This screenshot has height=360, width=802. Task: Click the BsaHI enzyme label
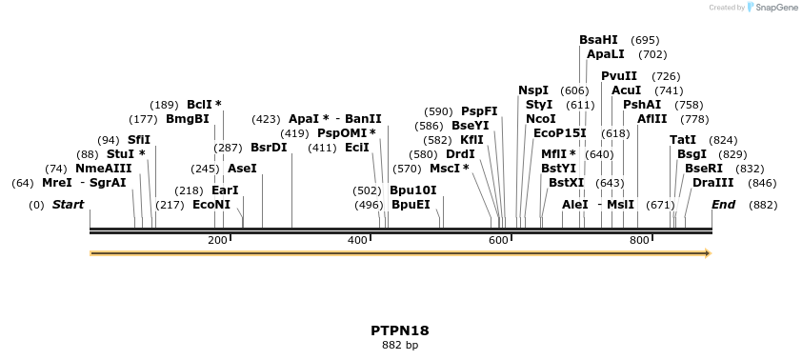coord(598,40)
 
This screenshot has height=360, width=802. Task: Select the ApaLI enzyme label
coord(606,55)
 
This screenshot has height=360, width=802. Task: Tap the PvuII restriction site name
coord(619,76)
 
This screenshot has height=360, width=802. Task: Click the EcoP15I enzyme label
coord(559,133)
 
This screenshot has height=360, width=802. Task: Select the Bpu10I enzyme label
coord(412,190)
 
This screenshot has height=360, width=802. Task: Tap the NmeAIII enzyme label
coord(104,169)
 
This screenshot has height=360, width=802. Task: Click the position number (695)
coord(645,40)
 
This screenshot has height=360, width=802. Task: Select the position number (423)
coord(266,120)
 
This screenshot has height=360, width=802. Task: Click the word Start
coord(68,205)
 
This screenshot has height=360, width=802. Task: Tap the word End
coord(724,205)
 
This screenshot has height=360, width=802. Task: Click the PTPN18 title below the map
coord(400,331)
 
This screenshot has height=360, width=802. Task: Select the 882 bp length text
coord(400,346)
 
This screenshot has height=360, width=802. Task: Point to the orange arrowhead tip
coord(709,253)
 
